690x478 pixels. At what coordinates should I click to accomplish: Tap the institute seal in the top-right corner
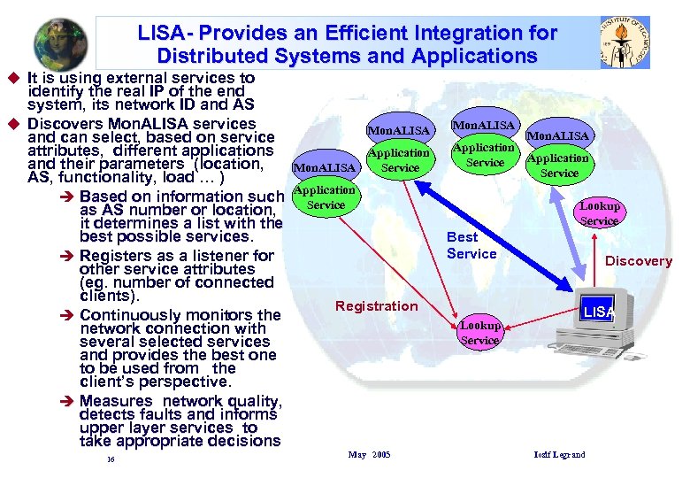(625, 42)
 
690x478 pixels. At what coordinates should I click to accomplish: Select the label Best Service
(471, 245)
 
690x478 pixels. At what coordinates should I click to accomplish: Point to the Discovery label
(639, 260)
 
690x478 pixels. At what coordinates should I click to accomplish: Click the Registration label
(376, 306)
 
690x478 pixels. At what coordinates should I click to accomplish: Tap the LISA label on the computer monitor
(598, 312)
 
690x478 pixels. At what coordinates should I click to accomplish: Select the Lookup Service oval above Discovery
(599, 212)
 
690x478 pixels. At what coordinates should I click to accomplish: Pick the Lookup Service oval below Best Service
(479, 332)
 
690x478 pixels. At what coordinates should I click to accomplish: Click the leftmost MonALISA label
(325, 166)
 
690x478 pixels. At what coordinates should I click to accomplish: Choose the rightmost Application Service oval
(558, 166)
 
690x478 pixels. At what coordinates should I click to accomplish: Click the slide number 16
(110, 459)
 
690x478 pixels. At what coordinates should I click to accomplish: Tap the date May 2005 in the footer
(369, 454)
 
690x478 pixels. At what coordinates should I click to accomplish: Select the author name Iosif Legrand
(559, 454)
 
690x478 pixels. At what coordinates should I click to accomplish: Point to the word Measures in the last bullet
(116, 401)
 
